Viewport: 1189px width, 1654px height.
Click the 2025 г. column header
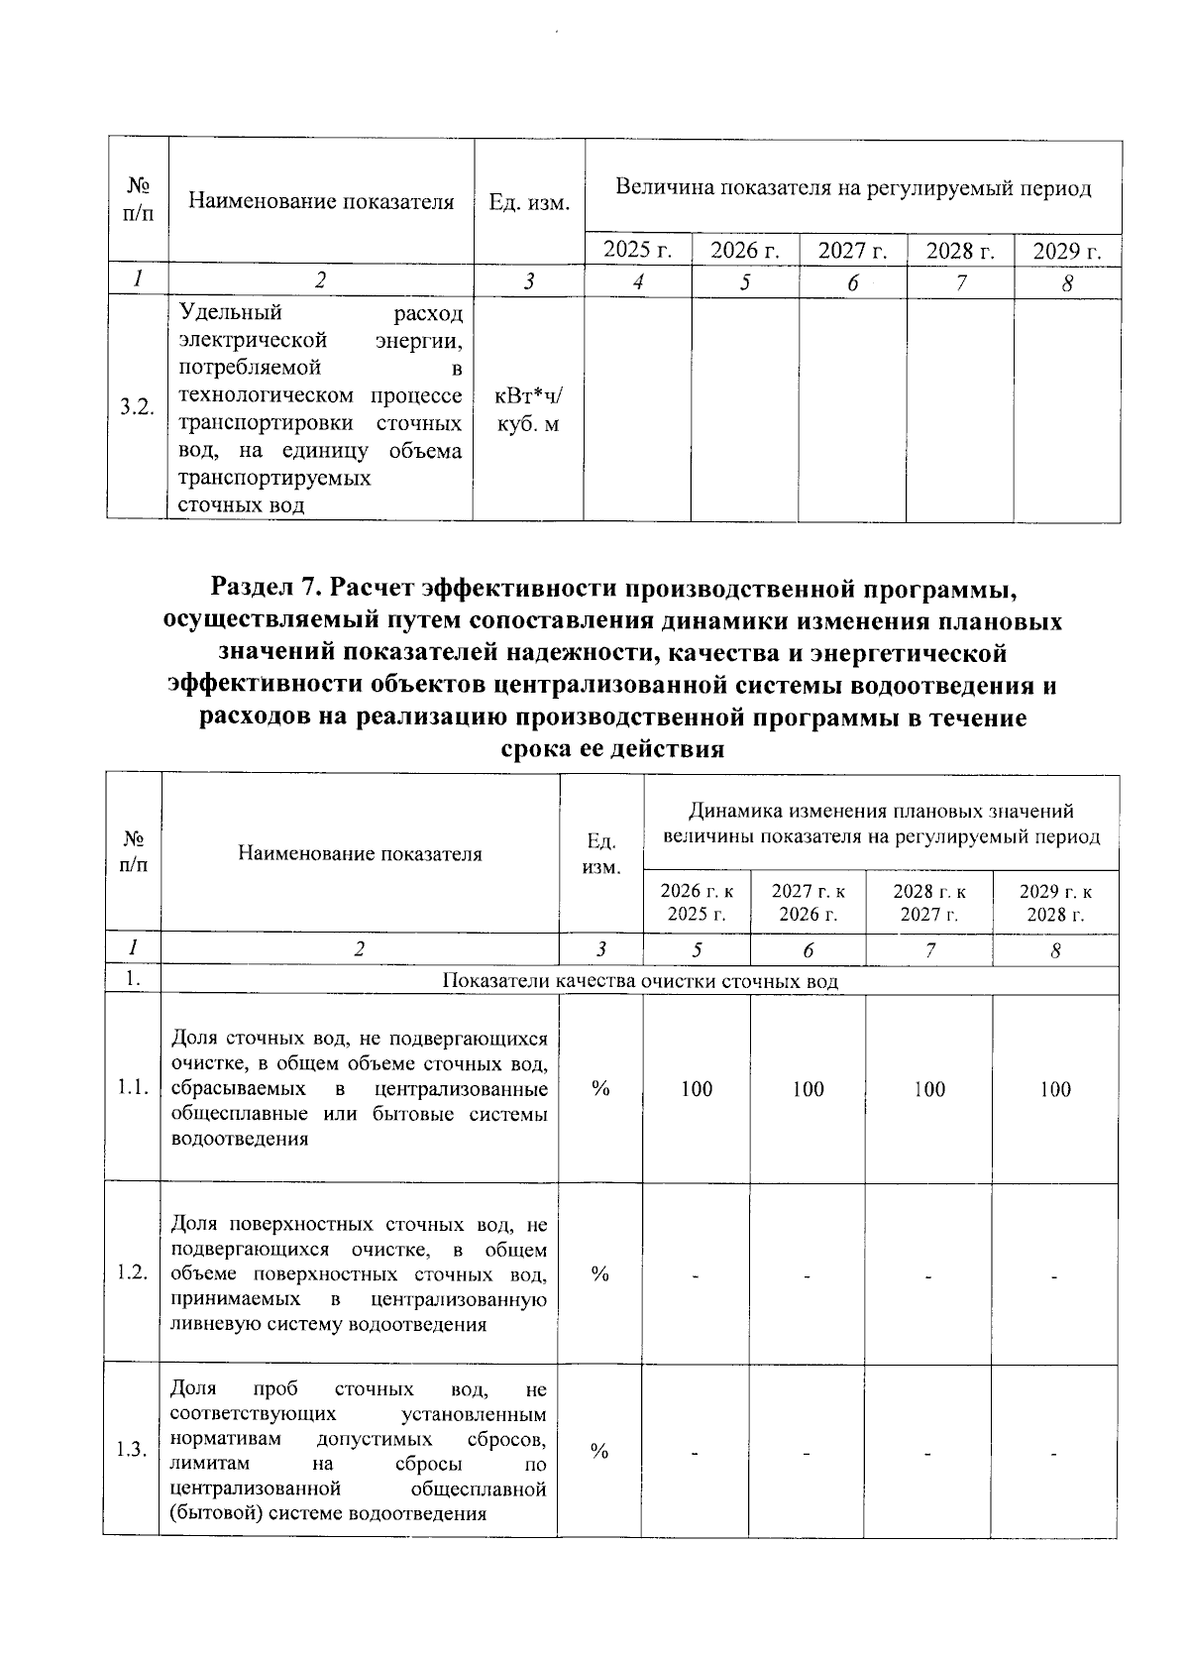(x=637, y=250)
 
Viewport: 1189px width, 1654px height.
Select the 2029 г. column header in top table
(x=1067, y=250)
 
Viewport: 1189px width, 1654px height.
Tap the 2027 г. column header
(x=852, y=250)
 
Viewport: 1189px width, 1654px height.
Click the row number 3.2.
(x=137, y=407)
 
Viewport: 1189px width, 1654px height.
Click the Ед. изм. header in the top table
(x=529, y=203)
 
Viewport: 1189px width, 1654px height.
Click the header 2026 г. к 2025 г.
(x=697, y=902)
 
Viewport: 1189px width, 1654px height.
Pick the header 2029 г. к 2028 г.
(x=1055, y=902)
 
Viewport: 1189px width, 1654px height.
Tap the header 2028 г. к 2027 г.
(x=929, y=902)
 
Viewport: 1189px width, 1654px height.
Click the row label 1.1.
(x=132, y=1089)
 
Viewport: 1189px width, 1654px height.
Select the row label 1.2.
(x=132, y=1273)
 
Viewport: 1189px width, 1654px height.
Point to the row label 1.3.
(x=132, y=1451)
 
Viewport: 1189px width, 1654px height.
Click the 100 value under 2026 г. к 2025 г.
(x=697, y=1089)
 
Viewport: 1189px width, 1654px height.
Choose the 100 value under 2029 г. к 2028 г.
(x=1055, y=1089)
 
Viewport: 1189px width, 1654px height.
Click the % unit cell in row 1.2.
(x=599, y=1273)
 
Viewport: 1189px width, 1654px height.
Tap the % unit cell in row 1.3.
(x=599, y=1451)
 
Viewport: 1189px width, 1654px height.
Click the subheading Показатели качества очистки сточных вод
(x=639, y=982)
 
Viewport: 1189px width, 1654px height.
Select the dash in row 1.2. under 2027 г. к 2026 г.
(x=808, y=1277)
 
